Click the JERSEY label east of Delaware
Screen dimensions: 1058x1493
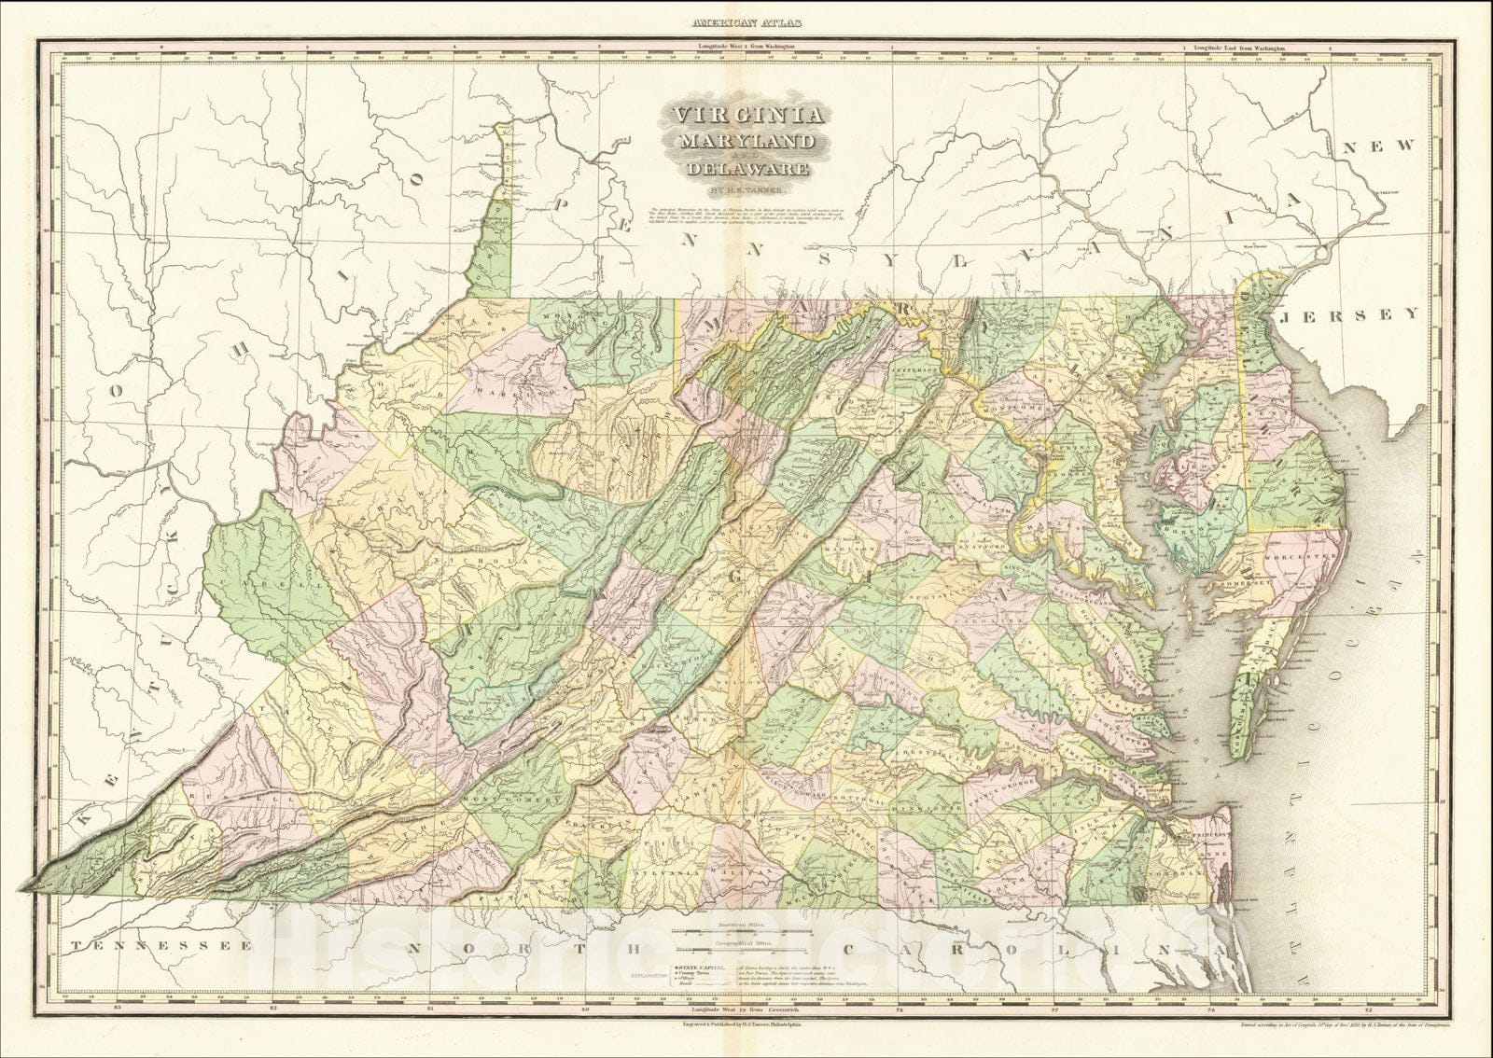point(1349,315)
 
